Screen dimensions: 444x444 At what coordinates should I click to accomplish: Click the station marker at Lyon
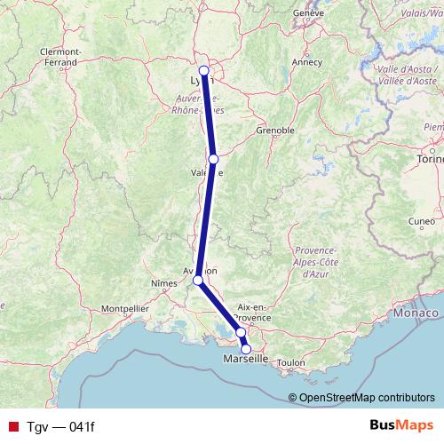(204, 71)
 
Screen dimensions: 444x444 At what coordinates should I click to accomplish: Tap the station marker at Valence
(213, 159)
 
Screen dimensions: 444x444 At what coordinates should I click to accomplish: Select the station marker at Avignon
(199, 281)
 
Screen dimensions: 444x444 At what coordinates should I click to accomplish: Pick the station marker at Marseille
(246, 349)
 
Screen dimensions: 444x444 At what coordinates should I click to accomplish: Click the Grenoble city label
(274, 130)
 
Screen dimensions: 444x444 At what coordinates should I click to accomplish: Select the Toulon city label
(290, 363)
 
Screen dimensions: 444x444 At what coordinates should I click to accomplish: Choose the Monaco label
(417, 313)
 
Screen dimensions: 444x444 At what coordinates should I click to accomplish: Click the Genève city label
(309, 13)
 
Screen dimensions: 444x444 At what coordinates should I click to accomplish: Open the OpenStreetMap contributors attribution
(367, 398)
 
